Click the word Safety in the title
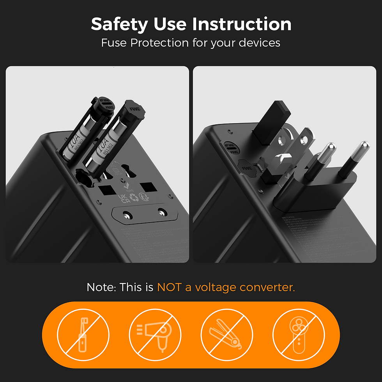tap(119, 24)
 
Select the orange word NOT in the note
tap(169, 288)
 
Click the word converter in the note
tap(267, 288)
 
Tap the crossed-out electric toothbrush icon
tap(83, 334)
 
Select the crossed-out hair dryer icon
tap(155, 334)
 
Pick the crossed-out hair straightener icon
tap(226, 334)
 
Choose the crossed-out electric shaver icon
tap(299, 334)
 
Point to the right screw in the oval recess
tap(161, 212)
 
